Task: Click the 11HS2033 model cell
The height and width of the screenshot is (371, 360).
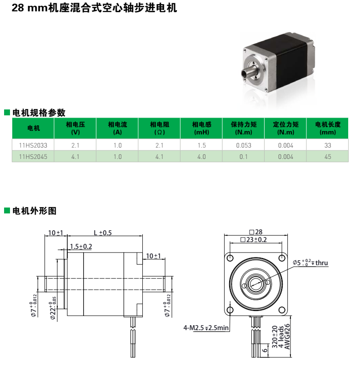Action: [x=33, y=145]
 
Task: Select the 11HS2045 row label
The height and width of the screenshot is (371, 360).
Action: [x=33, y=157]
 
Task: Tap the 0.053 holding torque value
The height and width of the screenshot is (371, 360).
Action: [x=244, y=145]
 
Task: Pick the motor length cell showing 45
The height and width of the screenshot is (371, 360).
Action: [x=328, y=157]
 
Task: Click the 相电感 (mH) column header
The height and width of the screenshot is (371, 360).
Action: [x=201, y=128]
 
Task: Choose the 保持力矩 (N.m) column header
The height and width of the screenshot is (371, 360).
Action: [x=244, y=128]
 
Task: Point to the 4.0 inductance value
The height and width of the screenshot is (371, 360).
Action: [x=201, y=157]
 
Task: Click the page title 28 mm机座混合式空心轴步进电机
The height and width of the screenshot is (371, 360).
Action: [x=94, y=8]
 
